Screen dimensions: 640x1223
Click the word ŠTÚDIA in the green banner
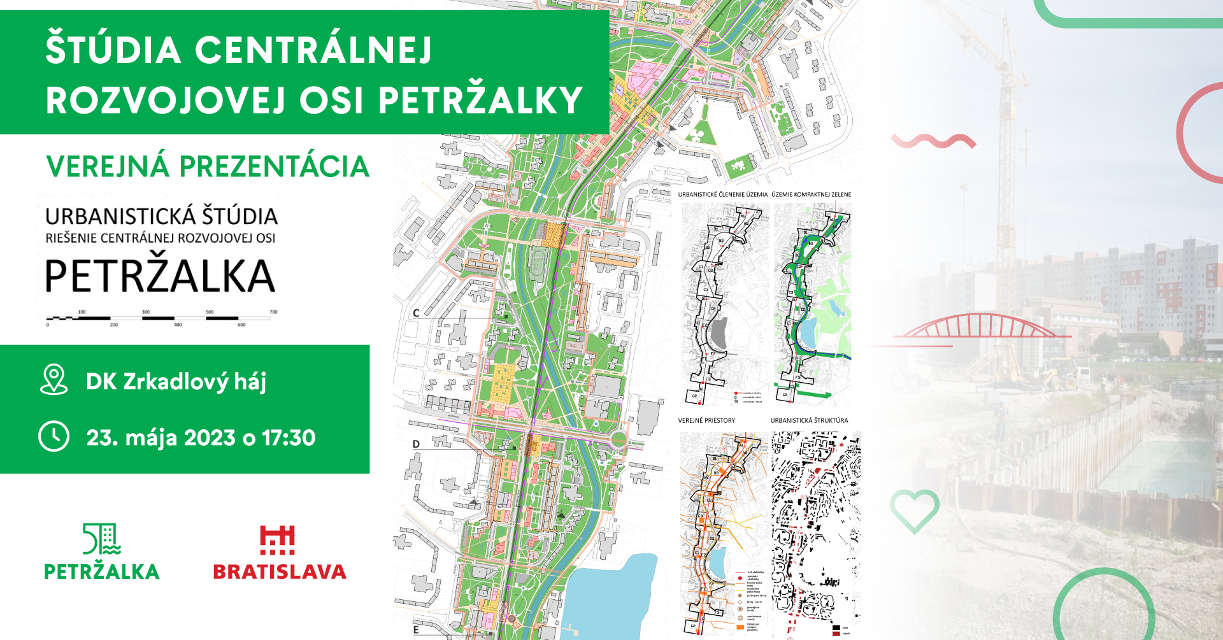[113, 50]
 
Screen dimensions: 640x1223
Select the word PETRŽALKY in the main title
[480, 101]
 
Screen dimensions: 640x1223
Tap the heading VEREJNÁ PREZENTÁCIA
[208, 167]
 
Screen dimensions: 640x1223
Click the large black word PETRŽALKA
[160, 276]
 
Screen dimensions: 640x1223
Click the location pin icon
[54, 380]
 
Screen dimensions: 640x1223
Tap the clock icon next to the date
[54, 437]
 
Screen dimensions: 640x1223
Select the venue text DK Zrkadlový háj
[176, 381]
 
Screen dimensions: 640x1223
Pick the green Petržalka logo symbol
[102, 539]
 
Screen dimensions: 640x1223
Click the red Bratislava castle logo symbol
[277, 540]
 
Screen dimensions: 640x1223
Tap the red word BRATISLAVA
[280, 572]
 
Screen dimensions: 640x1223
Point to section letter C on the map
[416, 313]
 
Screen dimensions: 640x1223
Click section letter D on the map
[416, 444]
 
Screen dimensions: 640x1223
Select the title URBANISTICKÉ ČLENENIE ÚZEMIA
[722, 195]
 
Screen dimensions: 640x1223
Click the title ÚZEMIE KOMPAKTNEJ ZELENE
[811, 195]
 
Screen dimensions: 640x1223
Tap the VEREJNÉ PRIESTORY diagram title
[706, 421]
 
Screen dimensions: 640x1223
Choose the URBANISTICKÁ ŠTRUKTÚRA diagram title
[809, 421]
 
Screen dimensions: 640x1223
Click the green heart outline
[914, 510]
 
